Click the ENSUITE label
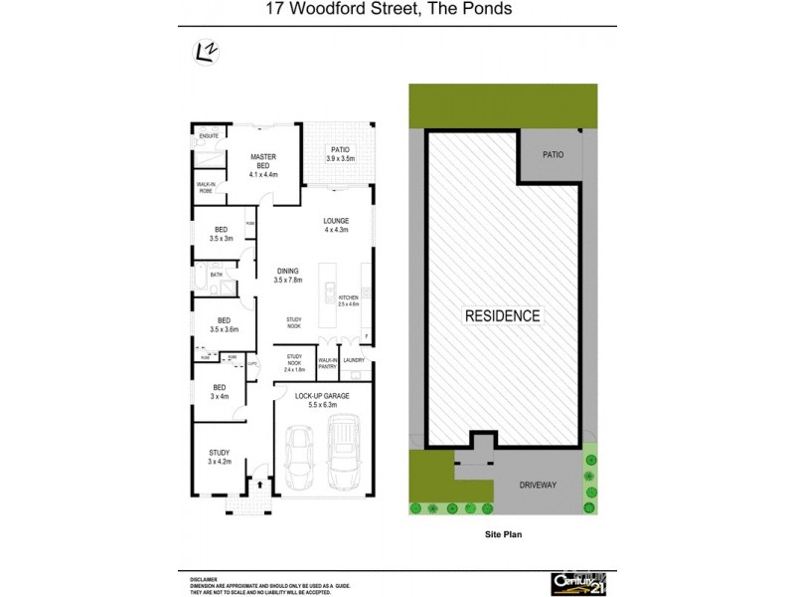[x=209, y=135]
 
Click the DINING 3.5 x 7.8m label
[x=287, y=276]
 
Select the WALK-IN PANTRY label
[x=327, y=363]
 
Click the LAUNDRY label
[x=355, y=360]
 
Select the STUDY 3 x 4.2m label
[x=219, y=457]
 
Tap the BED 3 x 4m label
[x=219, y=391]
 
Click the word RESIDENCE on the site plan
[x=503, y=316]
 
